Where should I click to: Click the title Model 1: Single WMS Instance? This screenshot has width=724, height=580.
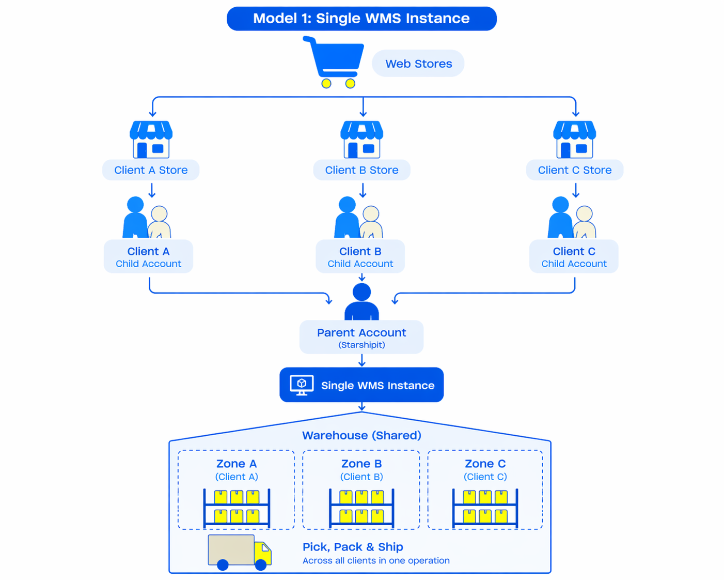(x=361, y=19)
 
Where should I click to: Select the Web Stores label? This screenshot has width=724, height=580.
(x=418, y=64)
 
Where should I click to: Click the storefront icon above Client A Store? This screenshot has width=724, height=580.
(x=151, y=140)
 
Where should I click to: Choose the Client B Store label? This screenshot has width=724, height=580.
(x=361, y=170)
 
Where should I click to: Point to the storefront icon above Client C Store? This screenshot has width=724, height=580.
(x=574, y=140)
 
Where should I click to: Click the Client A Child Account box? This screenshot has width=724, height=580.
(x=148, y=257)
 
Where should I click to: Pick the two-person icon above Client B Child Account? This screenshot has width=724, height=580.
(x=359, y=218)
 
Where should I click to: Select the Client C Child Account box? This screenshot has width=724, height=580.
(x=574, y=257)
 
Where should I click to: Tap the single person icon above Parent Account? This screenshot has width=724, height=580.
(x=361, y=302)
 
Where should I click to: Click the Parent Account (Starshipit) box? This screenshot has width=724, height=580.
(x=361, y=338)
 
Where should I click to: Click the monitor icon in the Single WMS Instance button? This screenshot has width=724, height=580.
(x=302, y=385)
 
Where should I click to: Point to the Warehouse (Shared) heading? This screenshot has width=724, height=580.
(x=361, y=435)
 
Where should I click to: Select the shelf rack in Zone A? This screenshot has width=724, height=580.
(x=237, y=508)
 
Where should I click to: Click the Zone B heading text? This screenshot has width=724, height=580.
(x=361, y=464)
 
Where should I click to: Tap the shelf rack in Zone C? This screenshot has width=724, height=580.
(x=485, y=508)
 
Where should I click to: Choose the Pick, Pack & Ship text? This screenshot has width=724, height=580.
(x=353, y=547)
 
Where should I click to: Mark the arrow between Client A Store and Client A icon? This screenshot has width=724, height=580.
(x=152, y=191)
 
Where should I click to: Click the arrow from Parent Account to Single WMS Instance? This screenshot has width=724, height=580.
(x=361, y=360)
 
